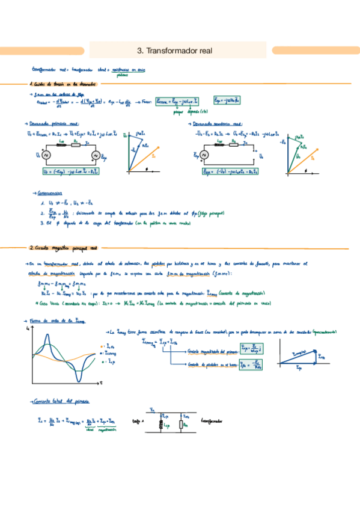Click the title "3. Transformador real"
point(179,51)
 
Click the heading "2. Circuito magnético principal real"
point(63,247)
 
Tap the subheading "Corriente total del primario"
point(59,401)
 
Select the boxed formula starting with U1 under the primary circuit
point(70,171)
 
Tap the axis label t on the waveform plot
point(102,382)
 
